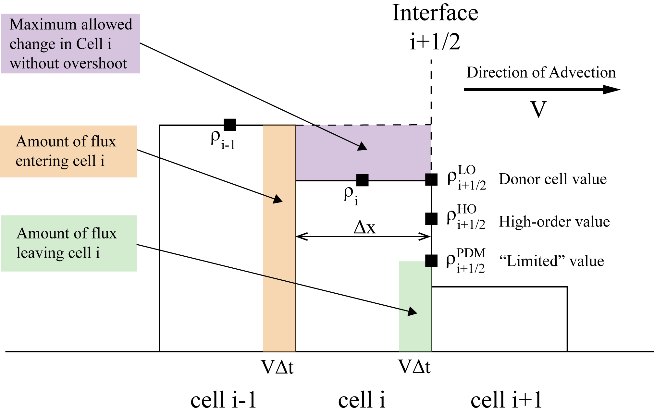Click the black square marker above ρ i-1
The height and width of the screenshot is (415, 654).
[230, 125]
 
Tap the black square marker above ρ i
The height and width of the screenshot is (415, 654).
[362, 180]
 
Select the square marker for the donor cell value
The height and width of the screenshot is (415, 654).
[431, 179]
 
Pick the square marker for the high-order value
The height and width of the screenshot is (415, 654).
[431, 218]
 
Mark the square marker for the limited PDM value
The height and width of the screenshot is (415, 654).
[431, 260]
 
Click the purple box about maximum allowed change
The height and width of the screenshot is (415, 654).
[71, 43]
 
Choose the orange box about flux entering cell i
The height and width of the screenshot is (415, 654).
[68, 151]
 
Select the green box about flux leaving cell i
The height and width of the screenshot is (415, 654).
[68, 243]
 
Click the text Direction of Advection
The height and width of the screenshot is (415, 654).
[541, 72]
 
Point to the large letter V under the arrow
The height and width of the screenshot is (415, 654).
[538, 109]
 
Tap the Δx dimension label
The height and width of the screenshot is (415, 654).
[364, 227]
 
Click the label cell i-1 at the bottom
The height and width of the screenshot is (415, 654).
[223, 399]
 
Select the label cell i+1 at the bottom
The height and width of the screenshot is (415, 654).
[506, 399]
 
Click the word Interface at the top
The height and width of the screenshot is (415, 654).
[435, 13]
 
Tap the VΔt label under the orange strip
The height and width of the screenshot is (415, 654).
[278, 367]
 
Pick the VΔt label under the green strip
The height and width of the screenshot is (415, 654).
[414, 367]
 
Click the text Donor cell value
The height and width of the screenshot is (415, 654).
[553, 179]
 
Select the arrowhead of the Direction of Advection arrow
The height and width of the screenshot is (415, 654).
[612, 90]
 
